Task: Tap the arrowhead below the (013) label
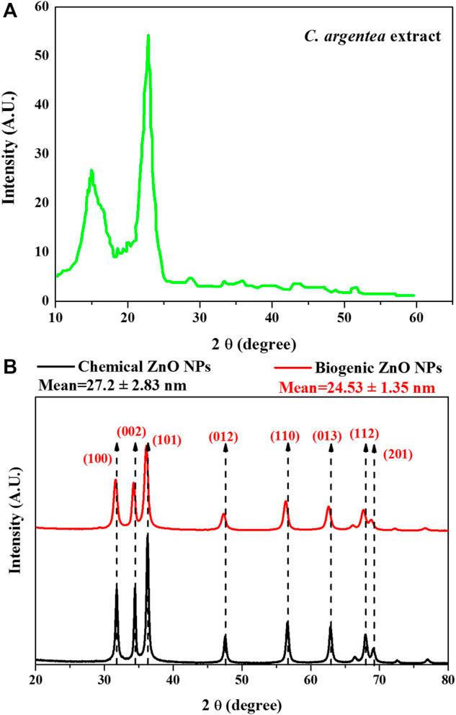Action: pyautogui.click(x=331, y=448)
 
